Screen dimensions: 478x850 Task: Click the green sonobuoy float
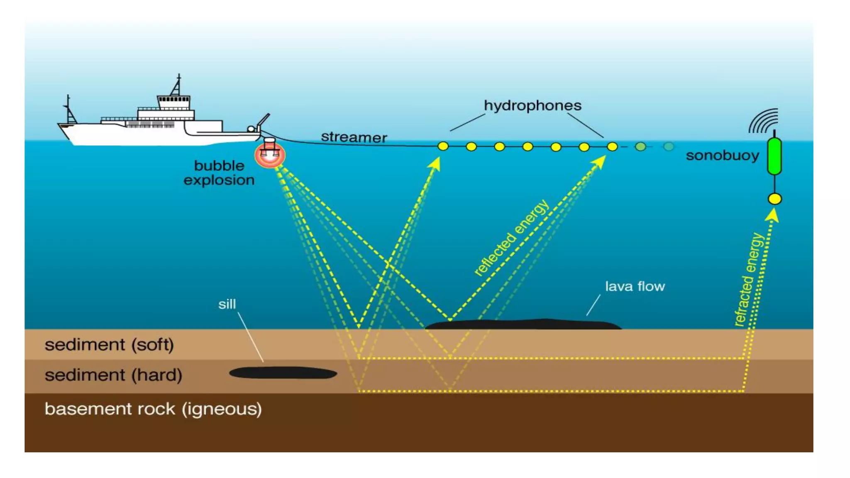pos(774,156)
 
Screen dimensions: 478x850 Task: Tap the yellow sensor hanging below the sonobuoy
pos(774,199)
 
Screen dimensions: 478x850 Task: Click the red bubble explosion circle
pos(270,155)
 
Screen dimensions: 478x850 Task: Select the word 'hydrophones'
pos(532,106)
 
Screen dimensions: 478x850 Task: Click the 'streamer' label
pos(354,137)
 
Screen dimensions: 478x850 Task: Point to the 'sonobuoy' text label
pos(722,156)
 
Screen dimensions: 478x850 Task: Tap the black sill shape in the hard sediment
pos(283,373)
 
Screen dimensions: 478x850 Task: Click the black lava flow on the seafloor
pos(523,324)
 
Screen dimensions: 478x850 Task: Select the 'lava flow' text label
pos(635,286)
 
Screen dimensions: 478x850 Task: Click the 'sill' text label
pos(227,304)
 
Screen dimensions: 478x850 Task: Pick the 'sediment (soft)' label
pos(109,345)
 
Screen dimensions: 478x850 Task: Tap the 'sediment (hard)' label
pos(113,375)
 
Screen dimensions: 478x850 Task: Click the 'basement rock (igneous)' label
pos(153,409)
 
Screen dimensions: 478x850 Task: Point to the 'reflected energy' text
pos(511,238)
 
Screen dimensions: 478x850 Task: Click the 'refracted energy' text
pos(749,280)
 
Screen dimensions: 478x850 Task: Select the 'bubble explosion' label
pos(219,173)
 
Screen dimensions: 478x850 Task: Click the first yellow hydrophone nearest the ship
pos(443,146)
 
